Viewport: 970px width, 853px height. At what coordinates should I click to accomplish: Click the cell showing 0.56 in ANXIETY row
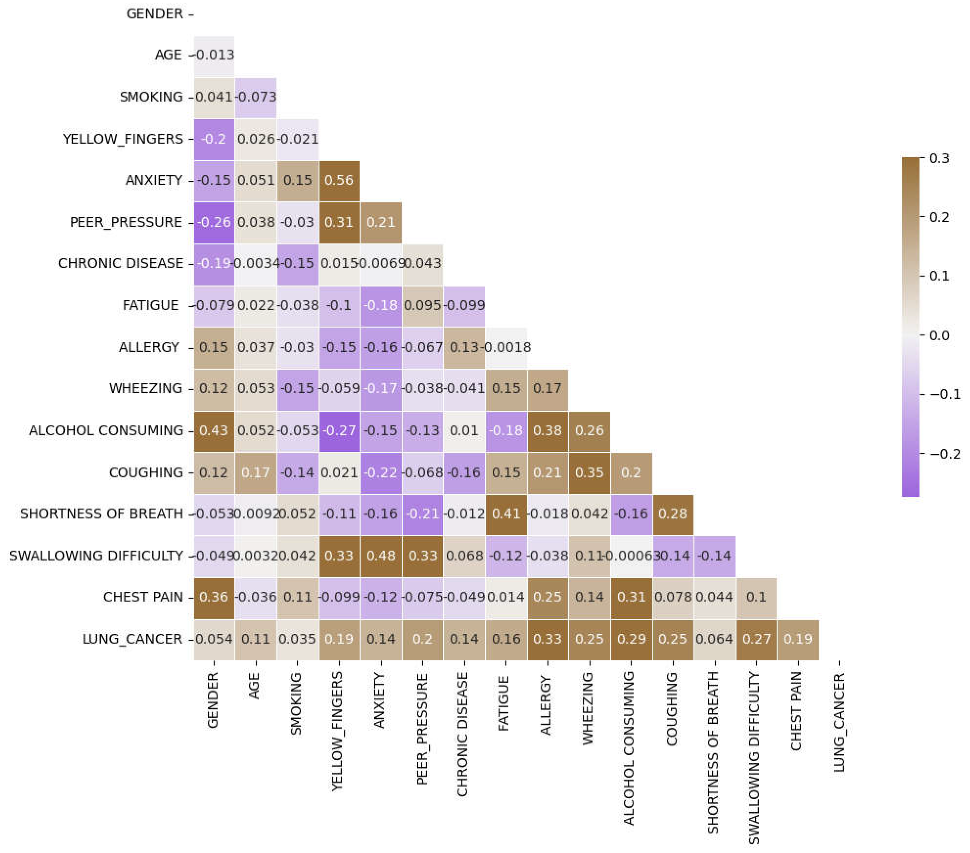coord(339,180)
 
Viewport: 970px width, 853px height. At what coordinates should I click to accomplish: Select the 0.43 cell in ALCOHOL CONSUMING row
coord(214,431)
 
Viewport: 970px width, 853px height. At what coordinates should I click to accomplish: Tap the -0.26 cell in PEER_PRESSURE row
coord(214,222)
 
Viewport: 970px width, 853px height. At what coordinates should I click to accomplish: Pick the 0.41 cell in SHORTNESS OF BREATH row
coord(506,514)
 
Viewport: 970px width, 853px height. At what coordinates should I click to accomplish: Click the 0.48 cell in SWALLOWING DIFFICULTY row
coord(381,555)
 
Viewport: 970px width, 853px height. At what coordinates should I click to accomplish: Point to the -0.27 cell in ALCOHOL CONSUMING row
coord(339,431)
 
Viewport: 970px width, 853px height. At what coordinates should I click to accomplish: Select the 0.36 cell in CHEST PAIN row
coord(214,597)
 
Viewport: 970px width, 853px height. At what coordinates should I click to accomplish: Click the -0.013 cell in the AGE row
coord(214,55)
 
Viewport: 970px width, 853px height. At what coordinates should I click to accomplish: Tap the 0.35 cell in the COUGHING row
coord(589,472)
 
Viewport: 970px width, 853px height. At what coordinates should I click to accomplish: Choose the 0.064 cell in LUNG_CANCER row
coord(714,639)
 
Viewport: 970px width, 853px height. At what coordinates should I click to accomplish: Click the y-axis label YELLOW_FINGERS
coord(123,139)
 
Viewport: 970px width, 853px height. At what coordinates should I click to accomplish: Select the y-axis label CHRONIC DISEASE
coord(121,263)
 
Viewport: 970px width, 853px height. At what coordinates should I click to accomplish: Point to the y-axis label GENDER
coord(155,14)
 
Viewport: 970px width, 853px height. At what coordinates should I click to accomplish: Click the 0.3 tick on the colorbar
coord(939,158)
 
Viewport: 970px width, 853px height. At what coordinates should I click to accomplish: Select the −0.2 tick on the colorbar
coord(944,454)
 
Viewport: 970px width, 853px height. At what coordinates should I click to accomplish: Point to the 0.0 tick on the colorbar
coord(939,335)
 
